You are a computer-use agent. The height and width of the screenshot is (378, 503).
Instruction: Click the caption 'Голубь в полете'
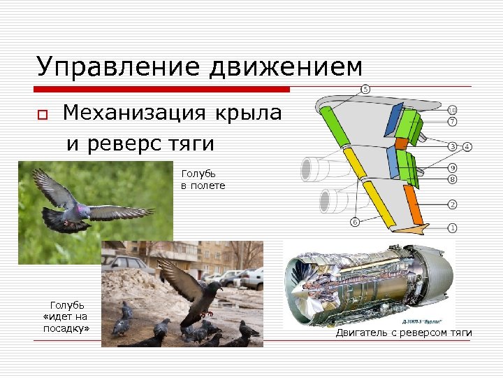pos(203,179)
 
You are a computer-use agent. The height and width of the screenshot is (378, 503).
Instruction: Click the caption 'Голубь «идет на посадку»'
pos(67,316)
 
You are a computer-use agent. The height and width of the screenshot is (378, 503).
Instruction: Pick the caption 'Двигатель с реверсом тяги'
pos(403,332)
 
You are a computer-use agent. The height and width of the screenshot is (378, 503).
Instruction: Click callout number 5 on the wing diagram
pos(365,89)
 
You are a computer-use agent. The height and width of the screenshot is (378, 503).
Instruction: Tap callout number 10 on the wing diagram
pos(453,110)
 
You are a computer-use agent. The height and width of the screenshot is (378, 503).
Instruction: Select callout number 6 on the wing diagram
pos(354,222)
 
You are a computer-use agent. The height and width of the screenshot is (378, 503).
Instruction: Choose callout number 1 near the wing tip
pos(453,228)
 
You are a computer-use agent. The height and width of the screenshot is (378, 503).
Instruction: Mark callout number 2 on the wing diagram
pos(453,204)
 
